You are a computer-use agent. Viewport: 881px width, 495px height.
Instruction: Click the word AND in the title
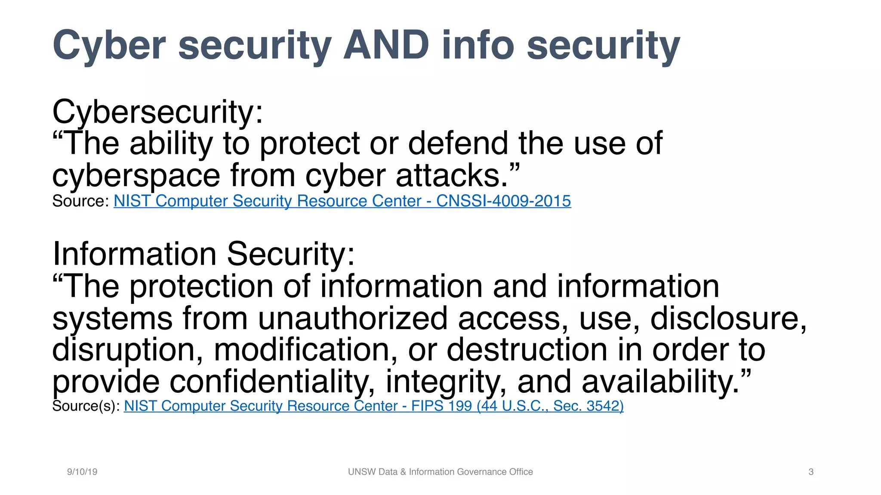click(386, 45)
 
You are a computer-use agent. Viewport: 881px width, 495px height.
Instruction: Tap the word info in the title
click(477, 45)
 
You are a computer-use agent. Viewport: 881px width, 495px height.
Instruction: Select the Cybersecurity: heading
click(157, 112)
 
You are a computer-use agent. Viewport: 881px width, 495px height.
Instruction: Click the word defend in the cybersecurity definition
click(458, 144)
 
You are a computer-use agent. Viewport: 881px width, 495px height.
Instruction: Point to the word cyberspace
click(136, 176)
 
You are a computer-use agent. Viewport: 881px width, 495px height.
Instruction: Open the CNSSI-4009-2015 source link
click(342, 201)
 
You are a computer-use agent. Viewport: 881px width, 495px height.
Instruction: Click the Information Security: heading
click(203, 254)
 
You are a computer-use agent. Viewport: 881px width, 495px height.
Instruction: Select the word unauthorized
click(353, 318)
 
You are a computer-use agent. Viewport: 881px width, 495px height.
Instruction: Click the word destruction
click(527, 350)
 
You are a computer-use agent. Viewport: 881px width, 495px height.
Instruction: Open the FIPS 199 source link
click(373, 406)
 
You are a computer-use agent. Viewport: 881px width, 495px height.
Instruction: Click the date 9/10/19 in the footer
click(82, 472)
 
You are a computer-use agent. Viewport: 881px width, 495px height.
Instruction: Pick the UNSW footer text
click(440, 472)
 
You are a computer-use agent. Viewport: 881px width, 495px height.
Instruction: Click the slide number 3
click(811, 472)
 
